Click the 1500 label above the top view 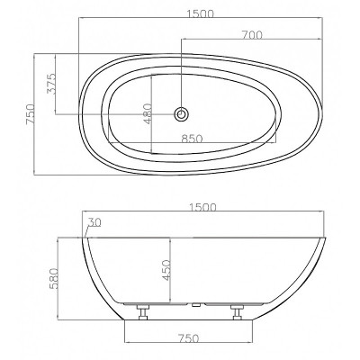200,13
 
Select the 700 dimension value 252,35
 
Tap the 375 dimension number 51,84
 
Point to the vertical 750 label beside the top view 31,114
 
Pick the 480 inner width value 148,113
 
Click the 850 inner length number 193,139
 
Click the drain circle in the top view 181,114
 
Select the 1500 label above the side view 202,207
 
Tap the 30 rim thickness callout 94,222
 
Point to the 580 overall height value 54,278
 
